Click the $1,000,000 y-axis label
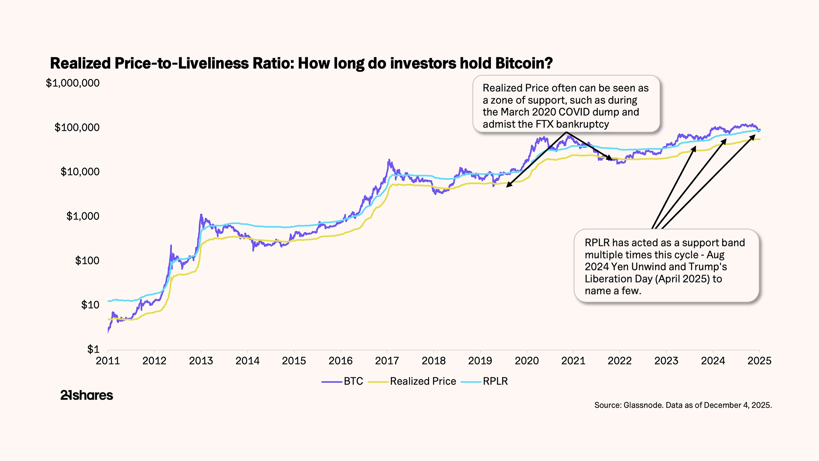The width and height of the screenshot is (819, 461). [73, 83]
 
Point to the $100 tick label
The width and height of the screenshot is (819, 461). [87, 260]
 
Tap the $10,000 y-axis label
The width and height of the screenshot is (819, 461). [80, 172]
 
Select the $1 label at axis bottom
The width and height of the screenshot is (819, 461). [93, 349]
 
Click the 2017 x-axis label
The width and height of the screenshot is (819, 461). [387, 361]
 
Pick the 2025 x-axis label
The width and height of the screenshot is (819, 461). [759, 361]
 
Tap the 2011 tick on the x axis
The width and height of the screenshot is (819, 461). [108, 361]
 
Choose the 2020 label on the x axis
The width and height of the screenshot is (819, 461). [526, 361]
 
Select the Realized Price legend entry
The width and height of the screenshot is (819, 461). [423, 381]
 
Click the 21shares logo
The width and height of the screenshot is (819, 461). [87, 395]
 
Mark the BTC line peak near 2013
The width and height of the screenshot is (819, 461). [201, 215]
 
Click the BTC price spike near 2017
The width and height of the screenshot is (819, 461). [389, 160]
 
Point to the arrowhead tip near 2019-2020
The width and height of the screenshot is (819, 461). [507, 187]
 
